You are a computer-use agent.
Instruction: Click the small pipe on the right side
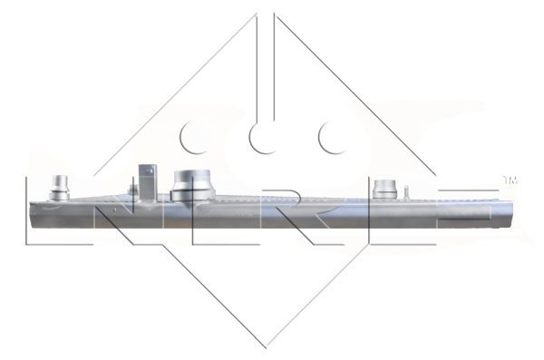384,190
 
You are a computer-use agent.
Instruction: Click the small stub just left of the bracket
133,190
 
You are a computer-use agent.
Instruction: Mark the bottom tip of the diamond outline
267,345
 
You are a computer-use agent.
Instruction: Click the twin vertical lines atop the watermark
267,54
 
